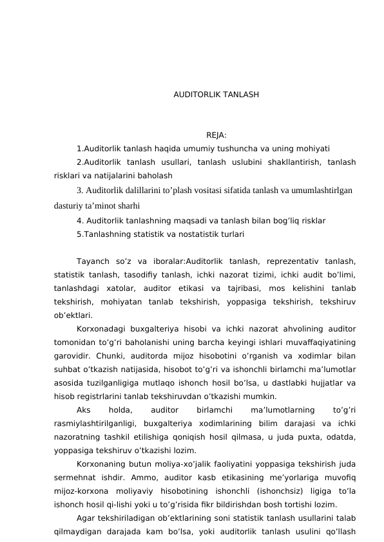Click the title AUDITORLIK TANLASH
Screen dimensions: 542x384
point(216,95)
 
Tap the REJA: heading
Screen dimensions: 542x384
point(216,135)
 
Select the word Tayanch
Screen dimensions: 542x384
point(94,261)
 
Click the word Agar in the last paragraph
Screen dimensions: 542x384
point(84,518)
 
